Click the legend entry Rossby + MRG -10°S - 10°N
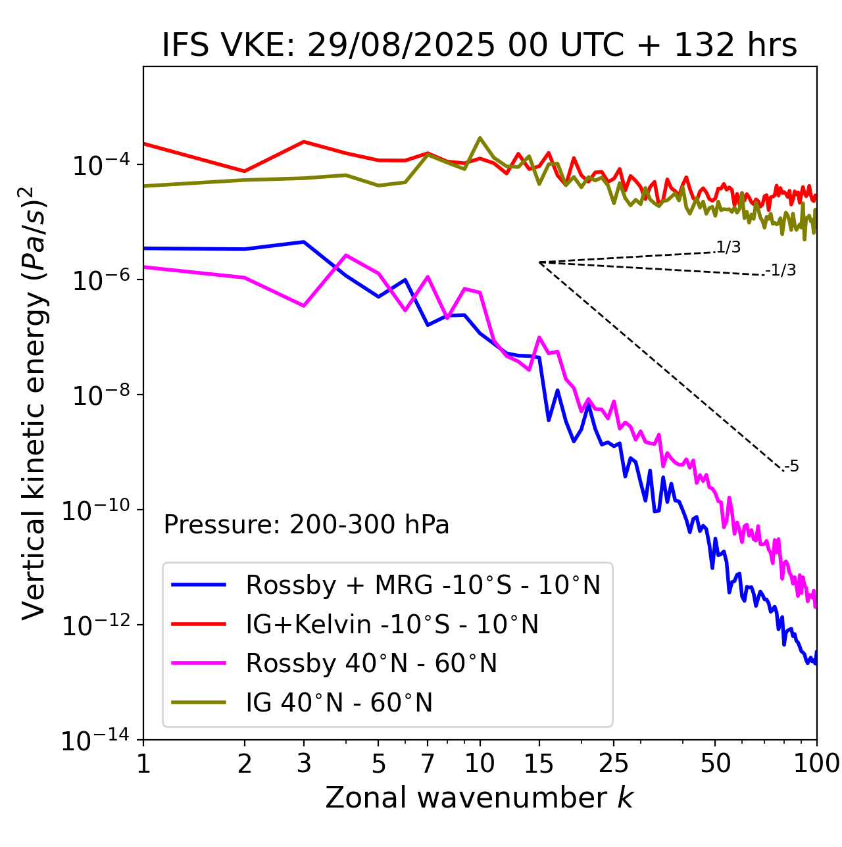[423, 585]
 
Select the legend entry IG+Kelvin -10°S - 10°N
[392, 624]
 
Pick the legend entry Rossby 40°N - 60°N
[371, 664]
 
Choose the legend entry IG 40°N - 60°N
[339, 703]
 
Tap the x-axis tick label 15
[539, 763]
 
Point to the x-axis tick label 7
[428, 763]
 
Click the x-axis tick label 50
[716, 763]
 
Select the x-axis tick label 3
[304, 763]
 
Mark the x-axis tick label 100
[816, 763]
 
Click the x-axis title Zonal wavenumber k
[480, 798]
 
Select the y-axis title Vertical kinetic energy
[34, 402]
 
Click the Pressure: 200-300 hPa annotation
[307, 525]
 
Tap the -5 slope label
[791, 467]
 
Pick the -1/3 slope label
[781, 270]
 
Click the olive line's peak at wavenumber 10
[480, 138]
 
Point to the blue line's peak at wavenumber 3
[304, 242]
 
